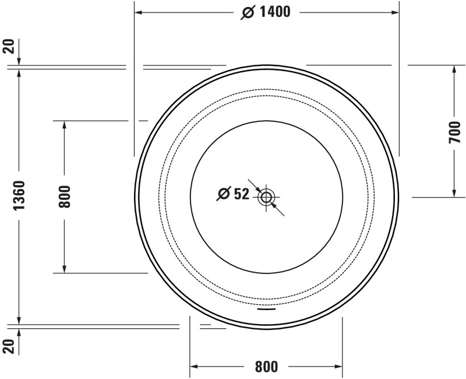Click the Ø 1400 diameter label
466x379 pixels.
(x=266, y=12)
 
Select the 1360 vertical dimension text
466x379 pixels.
(x=19, y=196)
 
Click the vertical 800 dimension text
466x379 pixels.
(x=64, y=196)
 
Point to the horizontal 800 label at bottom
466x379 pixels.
(x=266, y=367)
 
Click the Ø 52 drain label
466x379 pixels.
(x=233, y=194)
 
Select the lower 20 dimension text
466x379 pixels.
(x=8, y=346)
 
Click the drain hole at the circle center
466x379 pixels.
(x=266, y=197)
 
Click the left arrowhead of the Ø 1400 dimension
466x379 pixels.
(x=139, y=12)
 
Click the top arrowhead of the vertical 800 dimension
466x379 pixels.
(x=64, y=125)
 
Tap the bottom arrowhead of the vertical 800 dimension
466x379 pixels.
(x=64, y=269)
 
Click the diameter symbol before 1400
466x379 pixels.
(x=247, y=12)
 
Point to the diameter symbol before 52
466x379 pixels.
(x=223, y=194)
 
